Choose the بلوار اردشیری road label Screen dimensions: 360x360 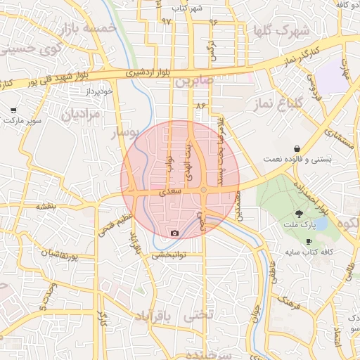pos(148,72)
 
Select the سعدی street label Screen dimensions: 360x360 pos(171,191)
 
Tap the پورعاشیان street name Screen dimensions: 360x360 pos(59,254)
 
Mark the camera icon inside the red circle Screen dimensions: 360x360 pos(174,233)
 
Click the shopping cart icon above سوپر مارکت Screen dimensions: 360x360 pos(14,110)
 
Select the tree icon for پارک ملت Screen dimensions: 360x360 pos(300,213)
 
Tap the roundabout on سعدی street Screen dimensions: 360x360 pos(203,190)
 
